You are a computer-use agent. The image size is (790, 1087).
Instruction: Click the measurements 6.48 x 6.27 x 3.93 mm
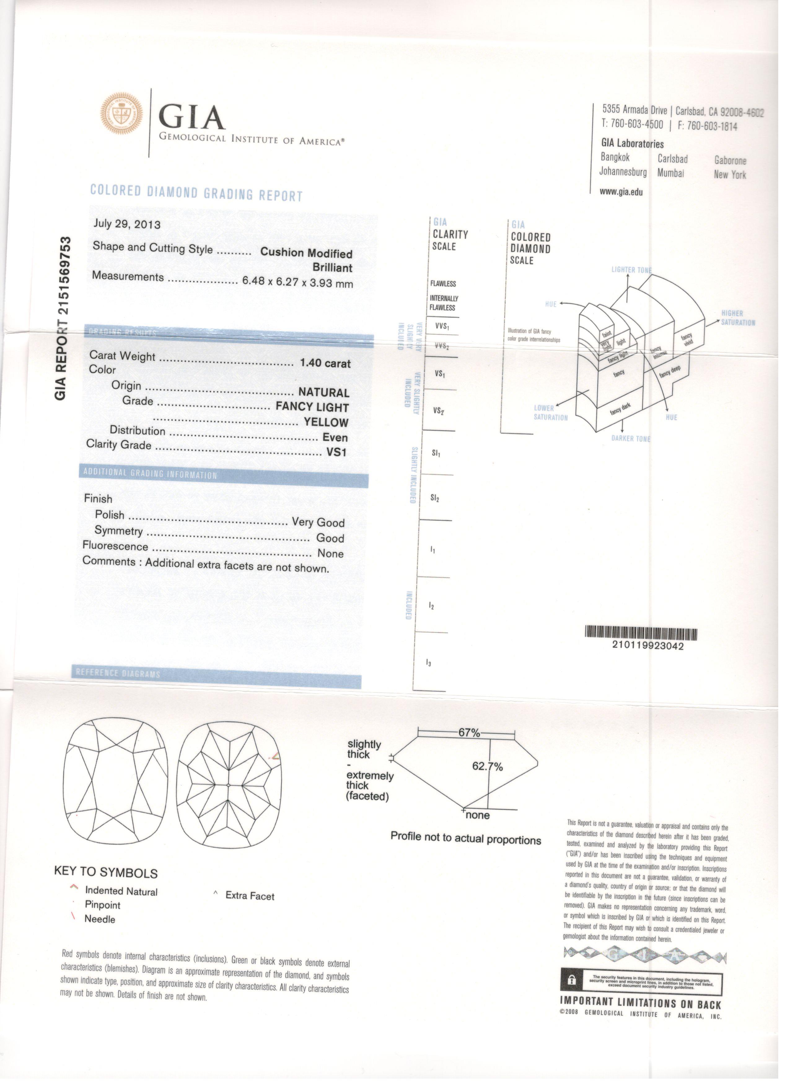click(x=297, y=282)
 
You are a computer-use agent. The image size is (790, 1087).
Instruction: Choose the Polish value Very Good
click(x=318, y=522)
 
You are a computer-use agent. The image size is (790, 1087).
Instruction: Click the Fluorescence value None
click(x=331, y=554)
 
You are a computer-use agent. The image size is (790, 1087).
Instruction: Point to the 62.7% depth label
click(x=487, y=767)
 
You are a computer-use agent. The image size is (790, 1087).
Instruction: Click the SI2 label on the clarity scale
click(x=435, y=498)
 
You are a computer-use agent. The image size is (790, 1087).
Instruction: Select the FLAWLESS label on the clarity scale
click(x=443, y=284)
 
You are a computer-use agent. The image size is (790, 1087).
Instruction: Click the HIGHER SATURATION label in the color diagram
click(x=738, y=318)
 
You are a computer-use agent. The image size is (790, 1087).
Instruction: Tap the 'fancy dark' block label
click(x=621, y=409)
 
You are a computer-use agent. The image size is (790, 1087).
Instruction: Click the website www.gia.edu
click(x=621, y=192)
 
